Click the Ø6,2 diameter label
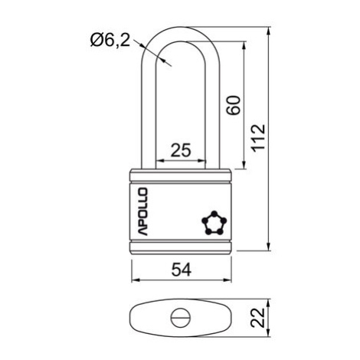coord(110,40)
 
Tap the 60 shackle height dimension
coord(234,105)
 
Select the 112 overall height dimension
coord(258,138)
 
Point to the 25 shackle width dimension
coord(181,150)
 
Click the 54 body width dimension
coord(182,270)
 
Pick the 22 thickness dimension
coord(257,318)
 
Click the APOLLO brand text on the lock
coord(142,211)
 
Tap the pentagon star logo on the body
coord(214,223)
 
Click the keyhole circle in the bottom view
coord(180,318)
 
